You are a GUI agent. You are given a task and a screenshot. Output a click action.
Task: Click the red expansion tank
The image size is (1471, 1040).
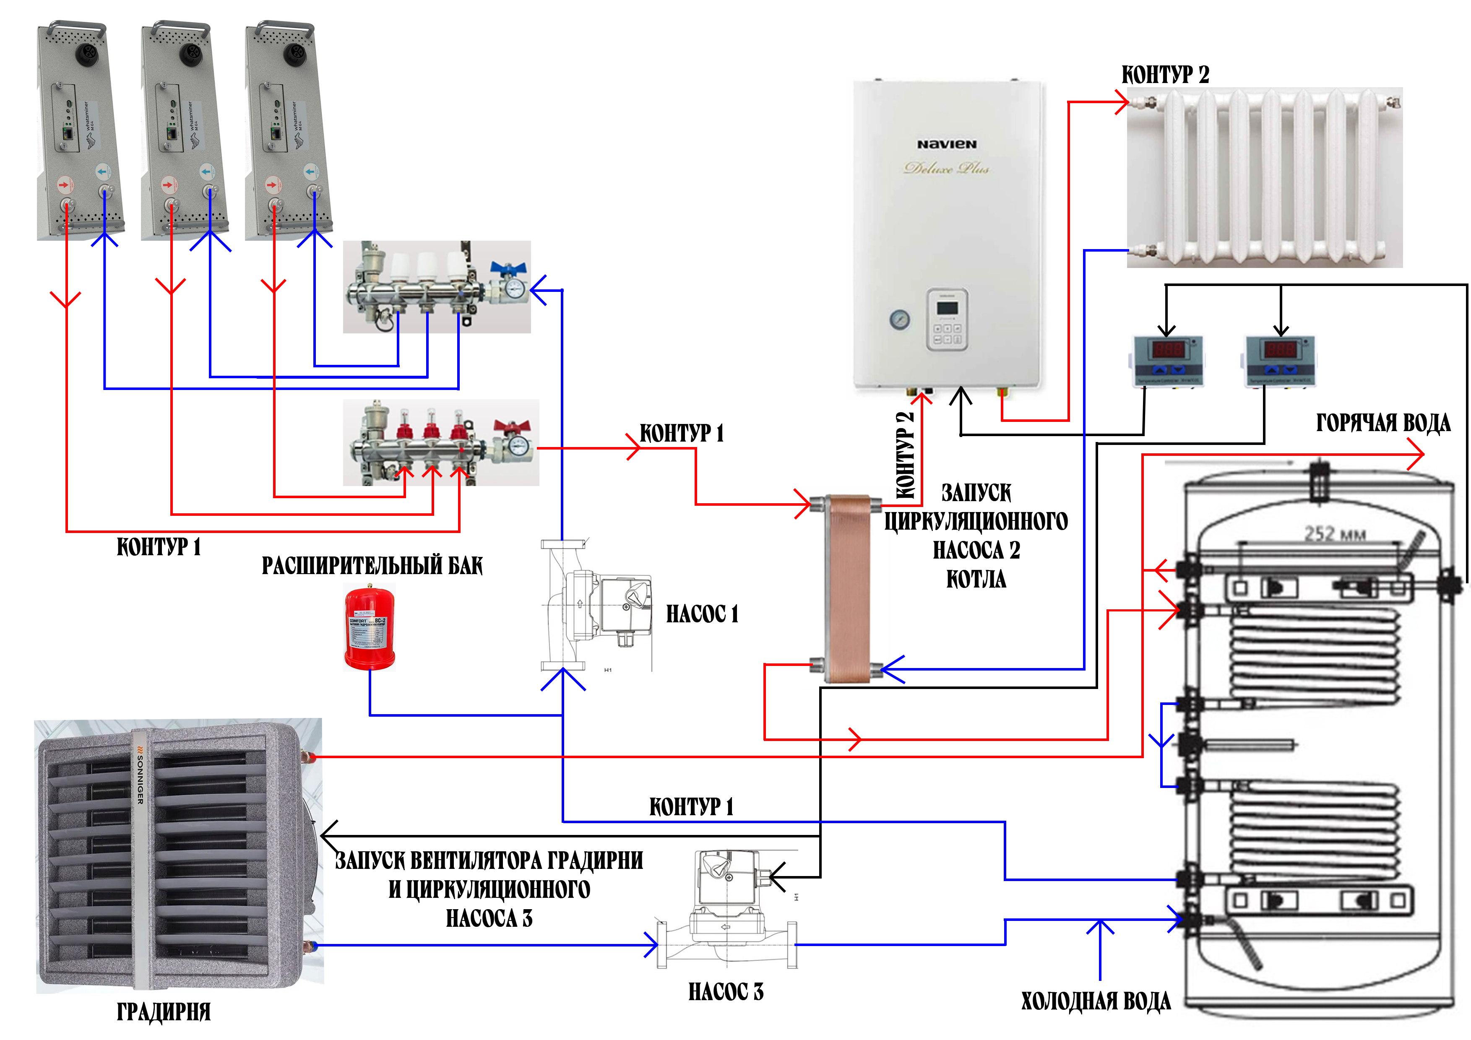coord(370,629)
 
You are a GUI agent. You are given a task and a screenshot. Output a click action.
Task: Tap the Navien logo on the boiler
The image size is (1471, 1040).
coord(946,144)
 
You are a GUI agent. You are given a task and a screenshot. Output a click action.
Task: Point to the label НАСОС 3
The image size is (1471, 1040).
coord(726,991)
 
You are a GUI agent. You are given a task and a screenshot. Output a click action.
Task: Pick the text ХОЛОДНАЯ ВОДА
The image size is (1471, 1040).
coord(1096,1001)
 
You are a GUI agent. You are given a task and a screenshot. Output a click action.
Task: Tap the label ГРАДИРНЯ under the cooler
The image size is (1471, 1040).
coord(163,1012)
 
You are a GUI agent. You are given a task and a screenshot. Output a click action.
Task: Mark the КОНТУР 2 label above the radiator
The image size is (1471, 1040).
coord(1165,75)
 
